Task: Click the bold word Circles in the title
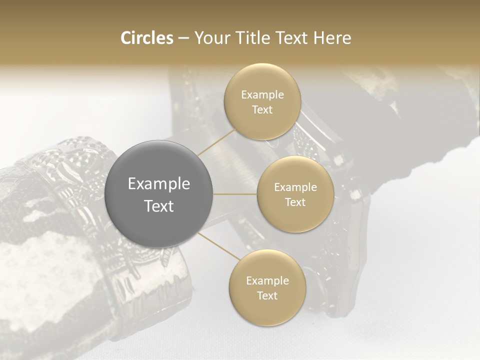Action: [146, 38]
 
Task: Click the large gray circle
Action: [159, 165]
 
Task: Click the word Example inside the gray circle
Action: [159, 184]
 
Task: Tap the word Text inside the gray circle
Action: [159, 205]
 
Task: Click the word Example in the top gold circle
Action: [262, 95]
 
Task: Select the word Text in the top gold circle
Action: [262, 109]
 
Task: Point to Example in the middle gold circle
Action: [295, 187]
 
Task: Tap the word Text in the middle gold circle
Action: [295, 202]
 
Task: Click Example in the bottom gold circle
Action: [267, 281]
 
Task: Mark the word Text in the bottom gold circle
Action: [267, 295]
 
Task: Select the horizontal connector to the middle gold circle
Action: [235, 194]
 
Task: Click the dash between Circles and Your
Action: [183, 38]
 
